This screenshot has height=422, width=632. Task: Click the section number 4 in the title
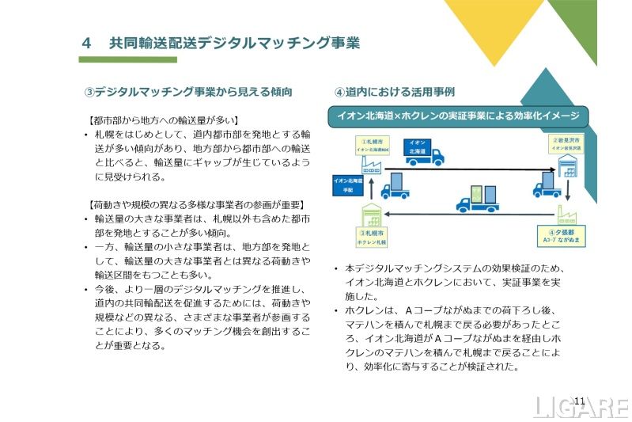[87, 43]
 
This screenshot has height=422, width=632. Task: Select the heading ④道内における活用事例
[394, 92]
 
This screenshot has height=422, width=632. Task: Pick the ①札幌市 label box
[370, 143]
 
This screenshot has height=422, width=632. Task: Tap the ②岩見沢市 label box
[566, 143]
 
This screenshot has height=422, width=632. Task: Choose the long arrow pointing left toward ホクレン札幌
[475, 214]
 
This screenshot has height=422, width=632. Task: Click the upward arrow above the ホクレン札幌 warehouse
[370, 193]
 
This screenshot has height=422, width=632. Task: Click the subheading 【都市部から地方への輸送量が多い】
[163, 120]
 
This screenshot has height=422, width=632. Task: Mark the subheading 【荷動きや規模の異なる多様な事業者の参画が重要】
[195, 204]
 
